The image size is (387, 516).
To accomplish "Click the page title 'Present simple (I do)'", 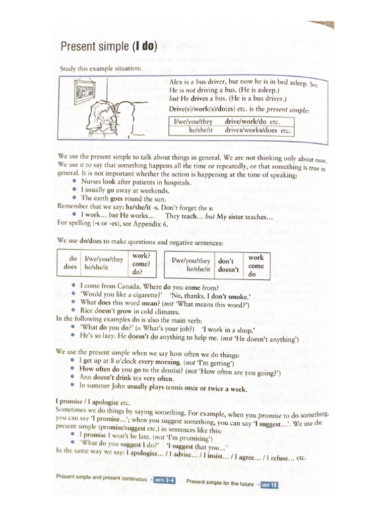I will coord(109,48).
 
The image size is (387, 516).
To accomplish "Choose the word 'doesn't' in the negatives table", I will coord(228,270).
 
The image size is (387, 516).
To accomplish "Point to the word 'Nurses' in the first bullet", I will coord(91,182).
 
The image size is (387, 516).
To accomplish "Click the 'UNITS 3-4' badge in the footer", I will coord(164,480).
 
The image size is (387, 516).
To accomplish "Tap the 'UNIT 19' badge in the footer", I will coord(269,485).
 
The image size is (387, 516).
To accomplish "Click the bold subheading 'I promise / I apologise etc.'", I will coord(93,403).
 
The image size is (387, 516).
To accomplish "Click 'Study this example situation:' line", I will coord(101,69).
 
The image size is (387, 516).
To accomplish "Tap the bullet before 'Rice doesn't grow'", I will coord(74,310).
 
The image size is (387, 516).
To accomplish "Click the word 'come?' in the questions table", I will coord(141,264).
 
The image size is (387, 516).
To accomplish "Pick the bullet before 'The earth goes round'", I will coord(75,198).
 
